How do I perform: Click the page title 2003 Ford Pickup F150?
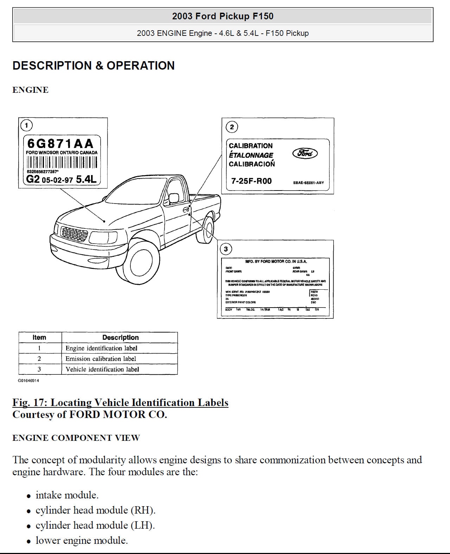pyautogui.click(x=223, y=16)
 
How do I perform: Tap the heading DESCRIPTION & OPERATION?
pyautogui.click(x=94, y=66)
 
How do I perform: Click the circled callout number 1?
pyautogui.click(x=26, y=125)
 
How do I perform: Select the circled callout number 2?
pyautogui.click(x=232, y=127)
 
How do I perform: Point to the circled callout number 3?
pyautogui.click(x=226, y=249)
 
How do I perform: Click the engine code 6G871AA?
pyautogui.click(x=60, y=143)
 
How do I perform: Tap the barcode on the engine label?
pyautogui.click(x=62, y=162)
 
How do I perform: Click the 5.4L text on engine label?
pyautogui.click(x=86, y=180)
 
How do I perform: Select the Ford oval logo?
pyautogui.click(x=305, y=153)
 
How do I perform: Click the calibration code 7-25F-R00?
pyautogui.click(x=251, y=181)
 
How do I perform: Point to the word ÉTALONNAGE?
pyautogui.click(x=251, y=155)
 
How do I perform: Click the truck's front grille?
pyautogui.click(x=74, y=233)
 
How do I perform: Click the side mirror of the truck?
pyautogui.click(x=173, y=198)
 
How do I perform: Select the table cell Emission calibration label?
pyautogui.click(x=101, y=359)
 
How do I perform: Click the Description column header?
pyautogui.click(x=120, y=337)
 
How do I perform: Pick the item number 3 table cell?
pyautogui.click(x=39, y=369)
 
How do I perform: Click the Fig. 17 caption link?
pyautogui.click(x=120, y=402)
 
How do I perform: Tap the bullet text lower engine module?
pyautogui.click(x=82, y=540)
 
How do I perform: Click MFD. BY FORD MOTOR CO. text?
pyautogui.click(x=276, y=262)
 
